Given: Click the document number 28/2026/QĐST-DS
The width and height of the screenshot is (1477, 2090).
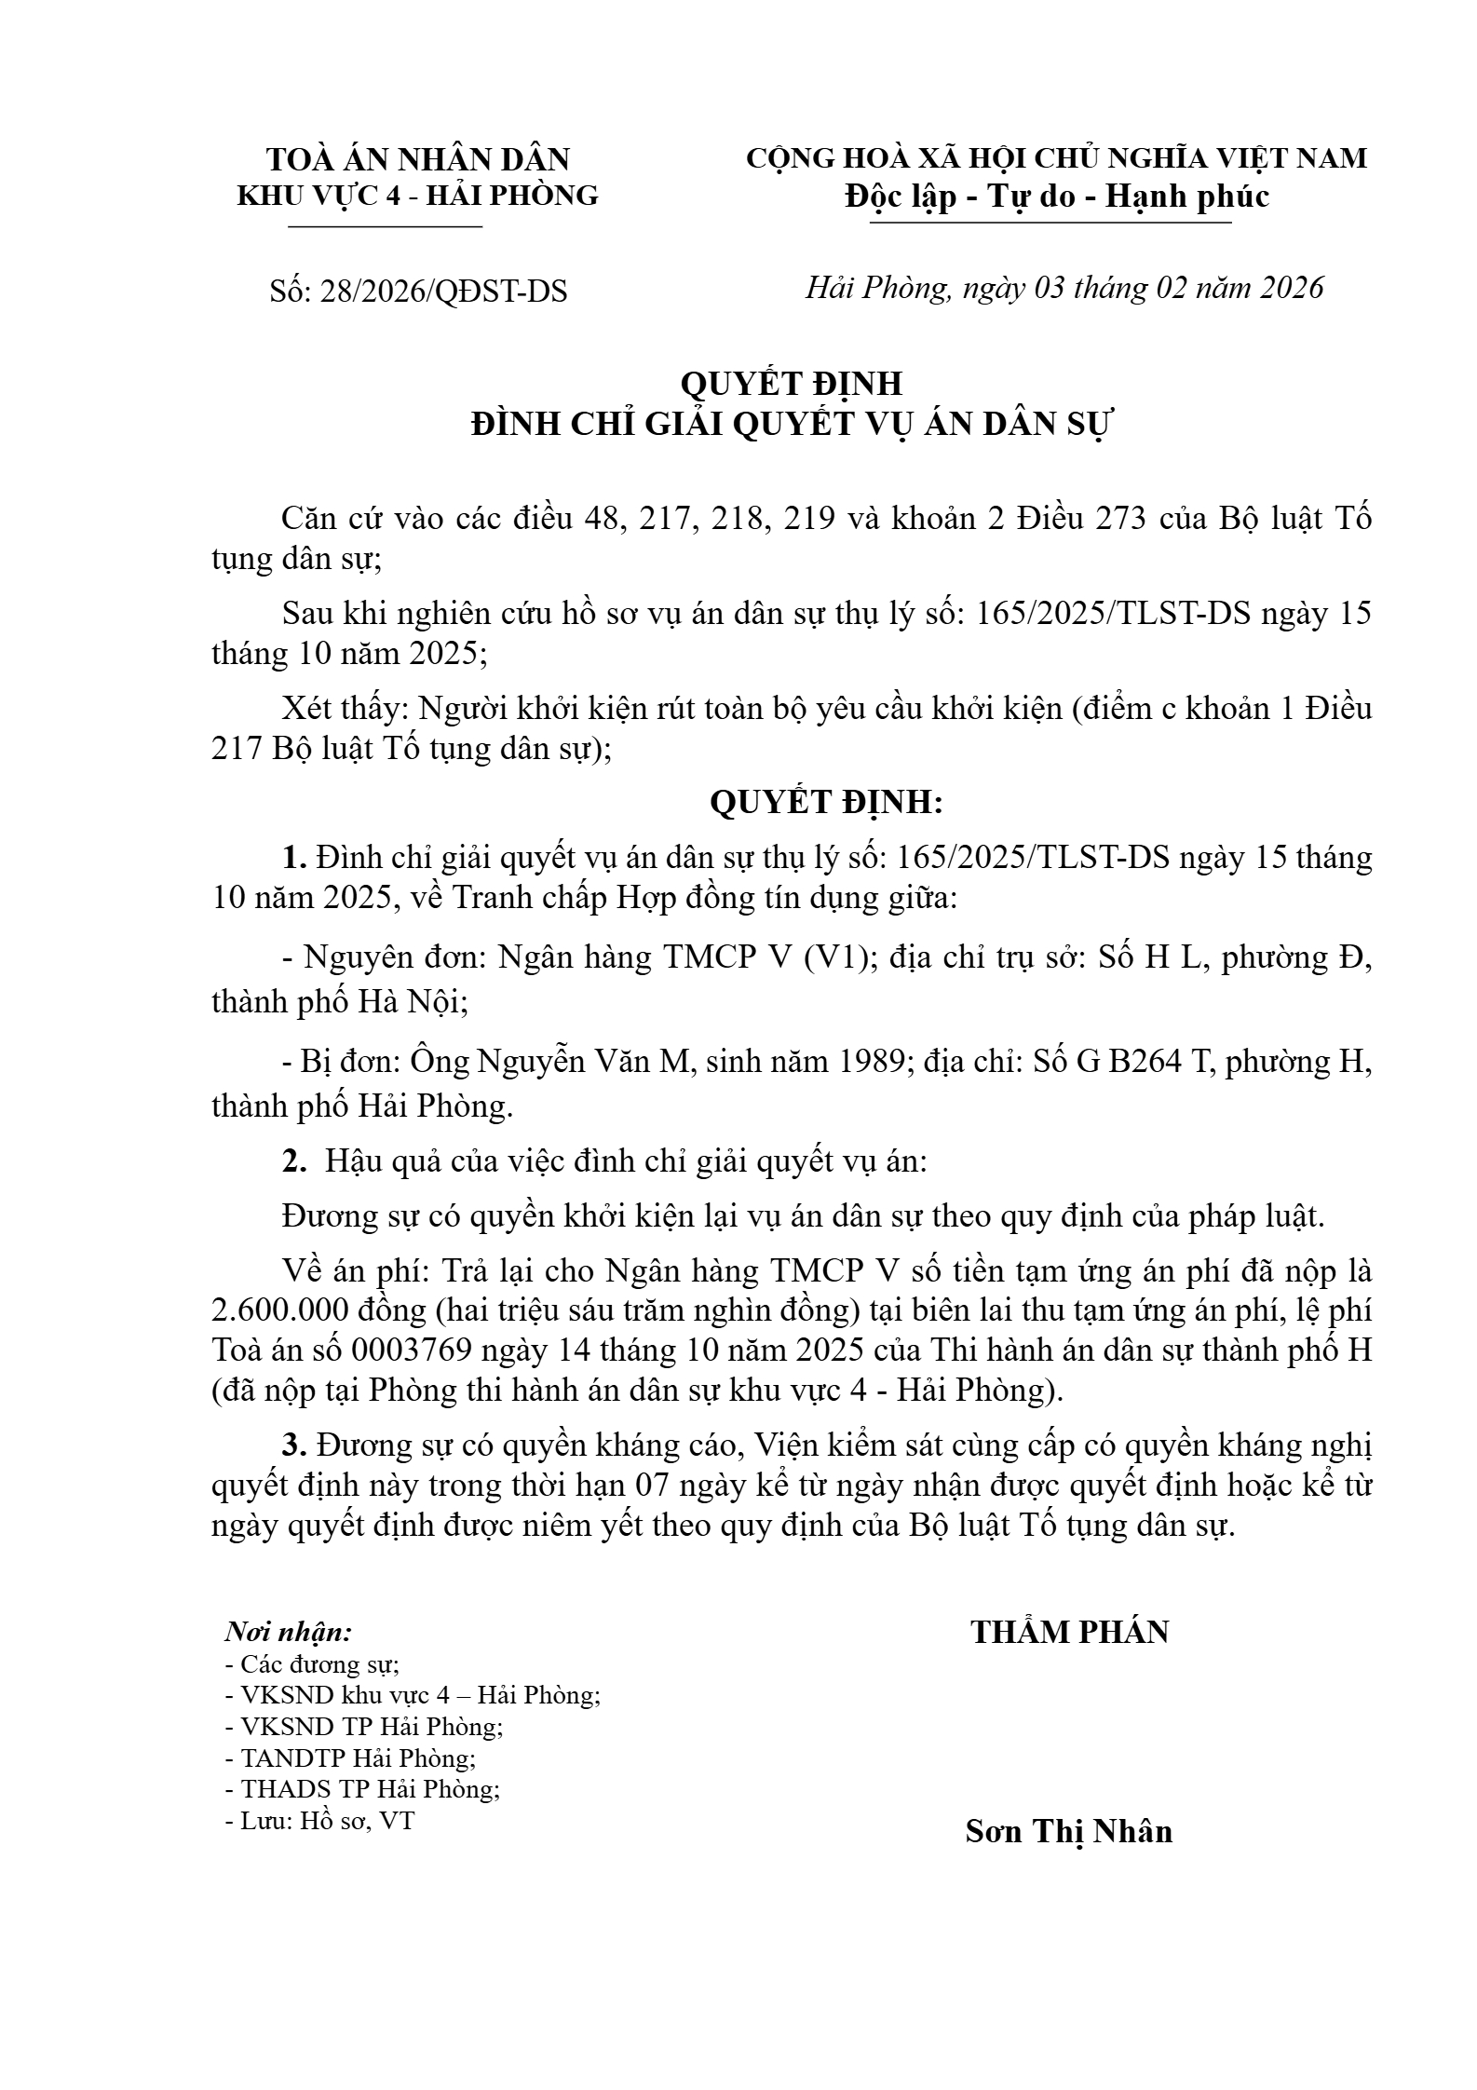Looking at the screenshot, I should click(442, 292).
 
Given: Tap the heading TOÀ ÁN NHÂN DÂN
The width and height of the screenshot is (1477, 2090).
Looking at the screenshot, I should click(418, 159).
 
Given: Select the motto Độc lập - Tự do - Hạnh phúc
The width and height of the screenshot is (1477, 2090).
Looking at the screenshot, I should click(1056, 197).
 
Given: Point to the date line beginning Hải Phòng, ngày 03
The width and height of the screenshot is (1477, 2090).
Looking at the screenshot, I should click(1064, 288).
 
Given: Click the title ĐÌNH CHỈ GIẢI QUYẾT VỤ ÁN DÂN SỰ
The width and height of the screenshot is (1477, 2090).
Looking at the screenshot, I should click(792, 424).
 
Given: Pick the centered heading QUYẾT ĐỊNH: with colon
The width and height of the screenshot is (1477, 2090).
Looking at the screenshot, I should click(826, 802).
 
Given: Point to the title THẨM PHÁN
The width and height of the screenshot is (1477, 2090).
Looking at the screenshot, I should click(1069, 1632).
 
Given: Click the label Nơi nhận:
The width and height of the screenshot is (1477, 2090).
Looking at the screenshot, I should click(289, 1632).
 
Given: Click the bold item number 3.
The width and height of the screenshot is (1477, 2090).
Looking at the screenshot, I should click(294, 1445).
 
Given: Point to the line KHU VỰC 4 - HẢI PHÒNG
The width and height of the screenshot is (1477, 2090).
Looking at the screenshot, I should click(418, 196).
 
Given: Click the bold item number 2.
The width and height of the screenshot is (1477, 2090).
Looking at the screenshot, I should click(294, 1161).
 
